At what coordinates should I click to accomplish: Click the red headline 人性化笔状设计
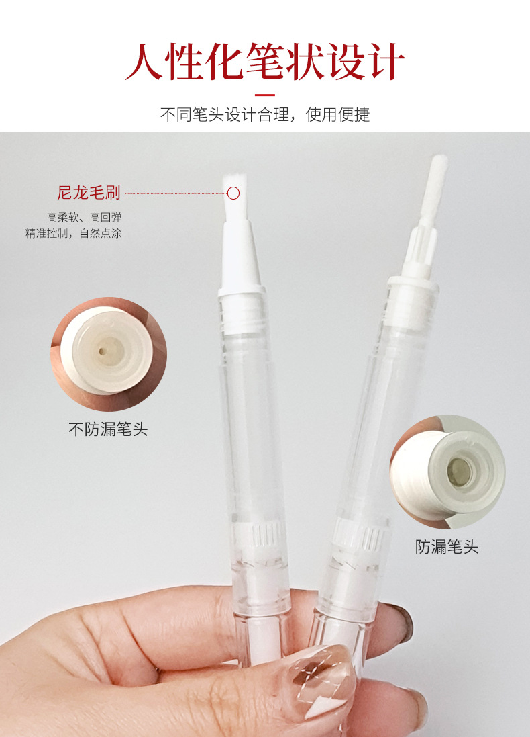pyautogui.click(x=265, y=61)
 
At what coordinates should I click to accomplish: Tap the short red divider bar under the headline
pyautogui.click(x=265, y=95)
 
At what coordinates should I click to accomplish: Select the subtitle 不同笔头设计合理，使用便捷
pyautogui.click(x=265, y=114)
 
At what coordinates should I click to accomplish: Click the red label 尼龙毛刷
pyautogui.click(x=89, y=193)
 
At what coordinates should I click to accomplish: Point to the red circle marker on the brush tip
pyautogui.click(x=233, y=193)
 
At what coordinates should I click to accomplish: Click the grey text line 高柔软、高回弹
pyautogui.click(x=84, y=217)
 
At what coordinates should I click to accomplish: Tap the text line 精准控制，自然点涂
pyautogui.click(x=73, y=233)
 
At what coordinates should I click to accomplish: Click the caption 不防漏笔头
pyautogui.click(x=108, y=429)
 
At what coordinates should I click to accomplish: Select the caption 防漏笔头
pyautogui.click(x=446, y=547)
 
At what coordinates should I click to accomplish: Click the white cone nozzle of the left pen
pyautogui.click(x=240, y=257)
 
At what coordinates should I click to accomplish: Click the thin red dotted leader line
pyautogui.click(x=176, y=193)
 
